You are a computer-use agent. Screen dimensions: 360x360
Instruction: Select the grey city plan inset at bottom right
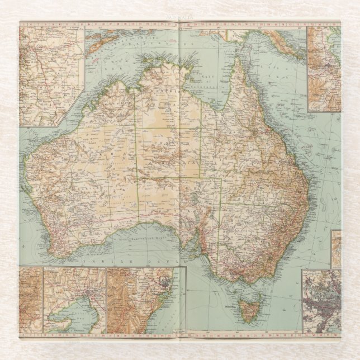click(321, 302)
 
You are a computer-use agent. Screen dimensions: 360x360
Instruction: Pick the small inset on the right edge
click(336, 248)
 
